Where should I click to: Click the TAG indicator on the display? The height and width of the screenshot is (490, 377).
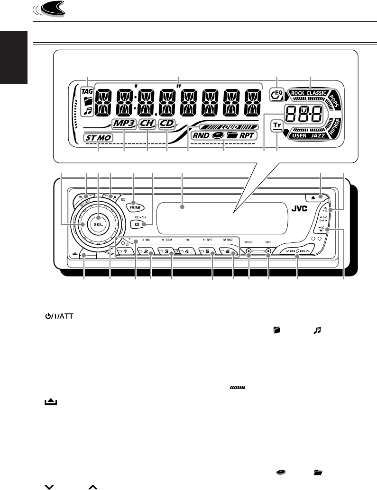(87, 90)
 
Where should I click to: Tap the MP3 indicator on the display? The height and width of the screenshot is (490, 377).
(124, 124)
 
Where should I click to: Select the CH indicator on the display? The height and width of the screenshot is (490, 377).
(147, 124)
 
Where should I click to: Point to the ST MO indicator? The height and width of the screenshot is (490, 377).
(97, 138)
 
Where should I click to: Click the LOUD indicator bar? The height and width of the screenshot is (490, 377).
(230, 127)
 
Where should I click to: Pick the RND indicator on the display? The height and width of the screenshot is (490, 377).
(200, 135)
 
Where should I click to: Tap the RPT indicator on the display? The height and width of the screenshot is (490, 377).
(247, 135)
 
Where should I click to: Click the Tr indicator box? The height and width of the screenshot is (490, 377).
(276, 125)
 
